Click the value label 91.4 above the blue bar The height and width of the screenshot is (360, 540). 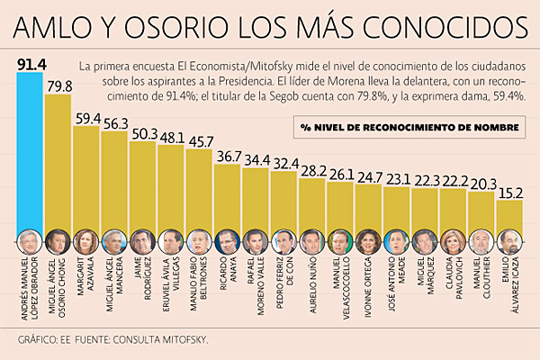click(x=31, y=65)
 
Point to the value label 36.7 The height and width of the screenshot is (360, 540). click(x=229, y=157)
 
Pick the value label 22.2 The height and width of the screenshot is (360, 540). click(x=454, y=181)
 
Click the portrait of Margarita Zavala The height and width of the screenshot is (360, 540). click(x=86, y=241)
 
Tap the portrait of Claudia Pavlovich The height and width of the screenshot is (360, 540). click(x=454, y=241)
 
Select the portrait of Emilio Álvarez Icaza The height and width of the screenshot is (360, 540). click(x=509, y=241)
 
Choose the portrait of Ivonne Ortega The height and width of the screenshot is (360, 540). click(x=368, y=241)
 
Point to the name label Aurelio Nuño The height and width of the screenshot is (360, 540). click(x=312, y=286)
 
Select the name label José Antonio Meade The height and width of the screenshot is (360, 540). click(x=397, y=283)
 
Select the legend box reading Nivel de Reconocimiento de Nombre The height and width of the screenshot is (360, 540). click(x=409, y=127)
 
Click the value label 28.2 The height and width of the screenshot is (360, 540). click(x=313, y=171)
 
